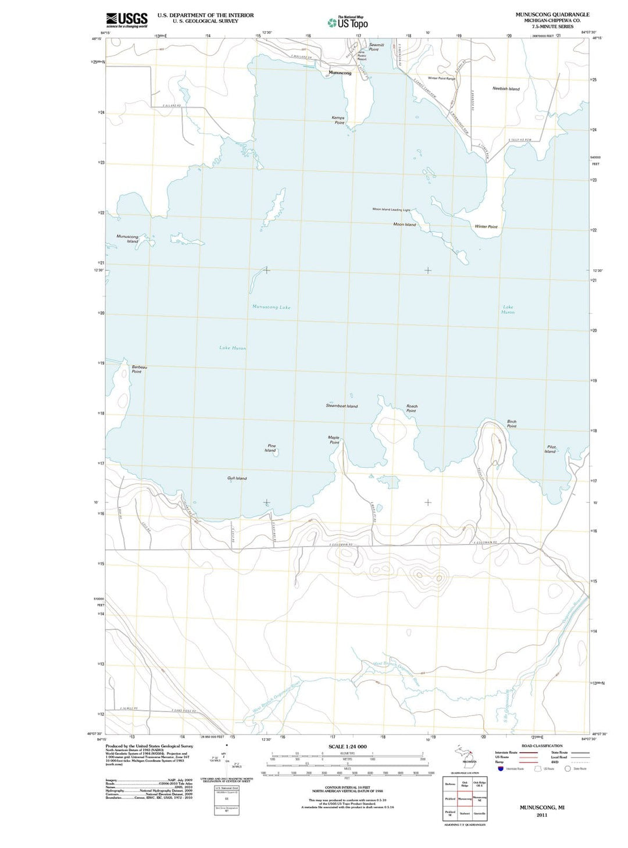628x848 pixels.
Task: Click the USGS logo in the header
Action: (x=126, y=20)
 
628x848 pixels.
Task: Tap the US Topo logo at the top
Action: (x=348, y=22)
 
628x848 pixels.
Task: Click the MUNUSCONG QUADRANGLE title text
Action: (x=552, y=15)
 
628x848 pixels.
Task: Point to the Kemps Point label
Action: (x=338, y=120)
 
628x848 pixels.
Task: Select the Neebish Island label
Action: (x=506, y=89)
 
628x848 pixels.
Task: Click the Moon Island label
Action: (x=404, y=225)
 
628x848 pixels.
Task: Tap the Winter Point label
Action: (x=486, y=226)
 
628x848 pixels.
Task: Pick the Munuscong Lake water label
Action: (x=271, y=307)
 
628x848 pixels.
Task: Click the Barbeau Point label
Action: (x=139, y=369)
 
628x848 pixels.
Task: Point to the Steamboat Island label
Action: (x=341, y=406)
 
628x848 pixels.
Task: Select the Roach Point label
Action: (x=412, y=408)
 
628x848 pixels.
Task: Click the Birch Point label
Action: (x=511, y=424)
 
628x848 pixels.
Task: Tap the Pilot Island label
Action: (x=551, y=449)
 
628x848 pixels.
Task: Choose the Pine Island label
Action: (x=271, y=448)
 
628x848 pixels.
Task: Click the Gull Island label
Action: (x=237, y=478)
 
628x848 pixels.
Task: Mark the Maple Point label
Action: (x=334, y=440)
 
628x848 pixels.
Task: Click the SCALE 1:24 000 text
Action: (x=347, y=746)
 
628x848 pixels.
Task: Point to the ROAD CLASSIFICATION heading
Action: (x=542, y=746)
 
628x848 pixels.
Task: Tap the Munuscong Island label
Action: (x=128, y=239)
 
